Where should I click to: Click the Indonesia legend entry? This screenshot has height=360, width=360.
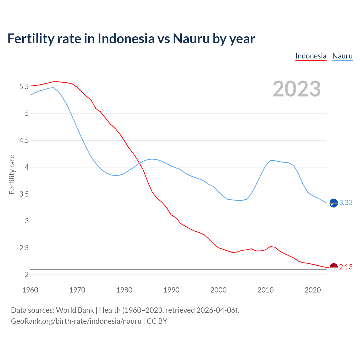[311, 56]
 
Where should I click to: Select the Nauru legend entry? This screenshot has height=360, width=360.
[342, 56]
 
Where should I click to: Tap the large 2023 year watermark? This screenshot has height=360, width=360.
[296, 89]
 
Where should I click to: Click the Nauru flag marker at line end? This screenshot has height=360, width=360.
[334, 203]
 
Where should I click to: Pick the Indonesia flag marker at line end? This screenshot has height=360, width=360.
[334, 267]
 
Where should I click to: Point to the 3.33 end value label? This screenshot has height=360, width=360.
[346, 203]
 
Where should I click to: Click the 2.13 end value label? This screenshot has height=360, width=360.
[346, 267]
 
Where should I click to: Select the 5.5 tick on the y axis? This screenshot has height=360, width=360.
[24, 87]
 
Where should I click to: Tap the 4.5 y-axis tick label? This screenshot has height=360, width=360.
[24, 141]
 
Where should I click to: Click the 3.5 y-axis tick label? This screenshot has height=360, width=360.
[24, 194]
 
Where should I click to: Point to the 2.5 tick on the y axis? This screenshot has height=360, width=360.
[24, 248]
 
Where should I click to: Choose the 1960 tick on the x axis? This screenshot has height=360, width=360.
[30, 290]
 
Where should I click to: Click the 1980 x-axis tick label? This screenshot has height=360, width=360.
[124, 290]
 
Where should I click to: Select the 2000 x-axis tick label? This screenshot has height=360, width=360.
[219, 290]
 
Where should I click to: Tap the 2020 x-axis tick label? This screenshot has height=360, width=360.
[312, 290]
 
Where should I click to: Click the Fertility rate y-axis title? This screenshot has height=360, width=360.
[12, 174]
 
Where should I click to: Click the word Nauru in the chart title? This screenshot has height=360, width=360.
[191, 39]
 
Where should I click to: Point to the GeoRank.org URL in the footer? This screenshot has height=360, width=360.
[76, 321]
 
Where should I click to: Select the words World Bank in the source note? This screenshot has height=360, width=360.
[75, 310]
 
